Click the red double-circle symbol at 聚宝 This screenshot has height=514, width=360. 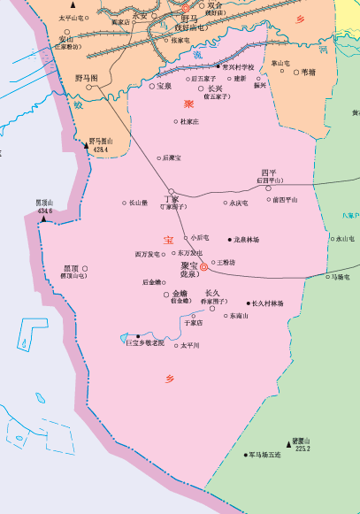[x=203, y=266]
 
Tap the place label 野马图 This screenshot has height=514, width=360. [x=87, y=78]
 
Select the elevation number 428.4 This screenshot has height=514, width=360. [x=100, y=150]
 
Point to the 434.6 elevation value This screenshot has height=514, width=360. [x=45, y=211]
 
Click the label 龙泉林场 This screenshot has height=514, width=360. [x=248, y=239]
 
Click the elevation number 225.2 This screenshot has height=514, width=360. [x=303, y=449]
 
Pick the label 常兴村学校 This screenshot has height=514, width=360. [x=239, y=66]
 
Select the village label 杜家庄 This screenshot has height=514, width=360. [x=189, y=121]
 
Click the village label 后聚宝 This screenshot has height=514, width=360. [x=172, y=157]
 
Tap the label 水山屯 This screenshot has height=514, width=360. [x=344, y=239]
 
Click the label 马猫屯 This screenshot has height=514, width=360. [x=341, y=277]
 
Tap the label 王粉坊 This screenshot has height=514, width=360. [x=226, y=262]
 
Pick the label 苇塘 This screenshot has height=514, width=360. [x=309, y=73]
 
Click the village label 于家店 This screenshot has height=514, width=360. [x=194, y=323]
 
